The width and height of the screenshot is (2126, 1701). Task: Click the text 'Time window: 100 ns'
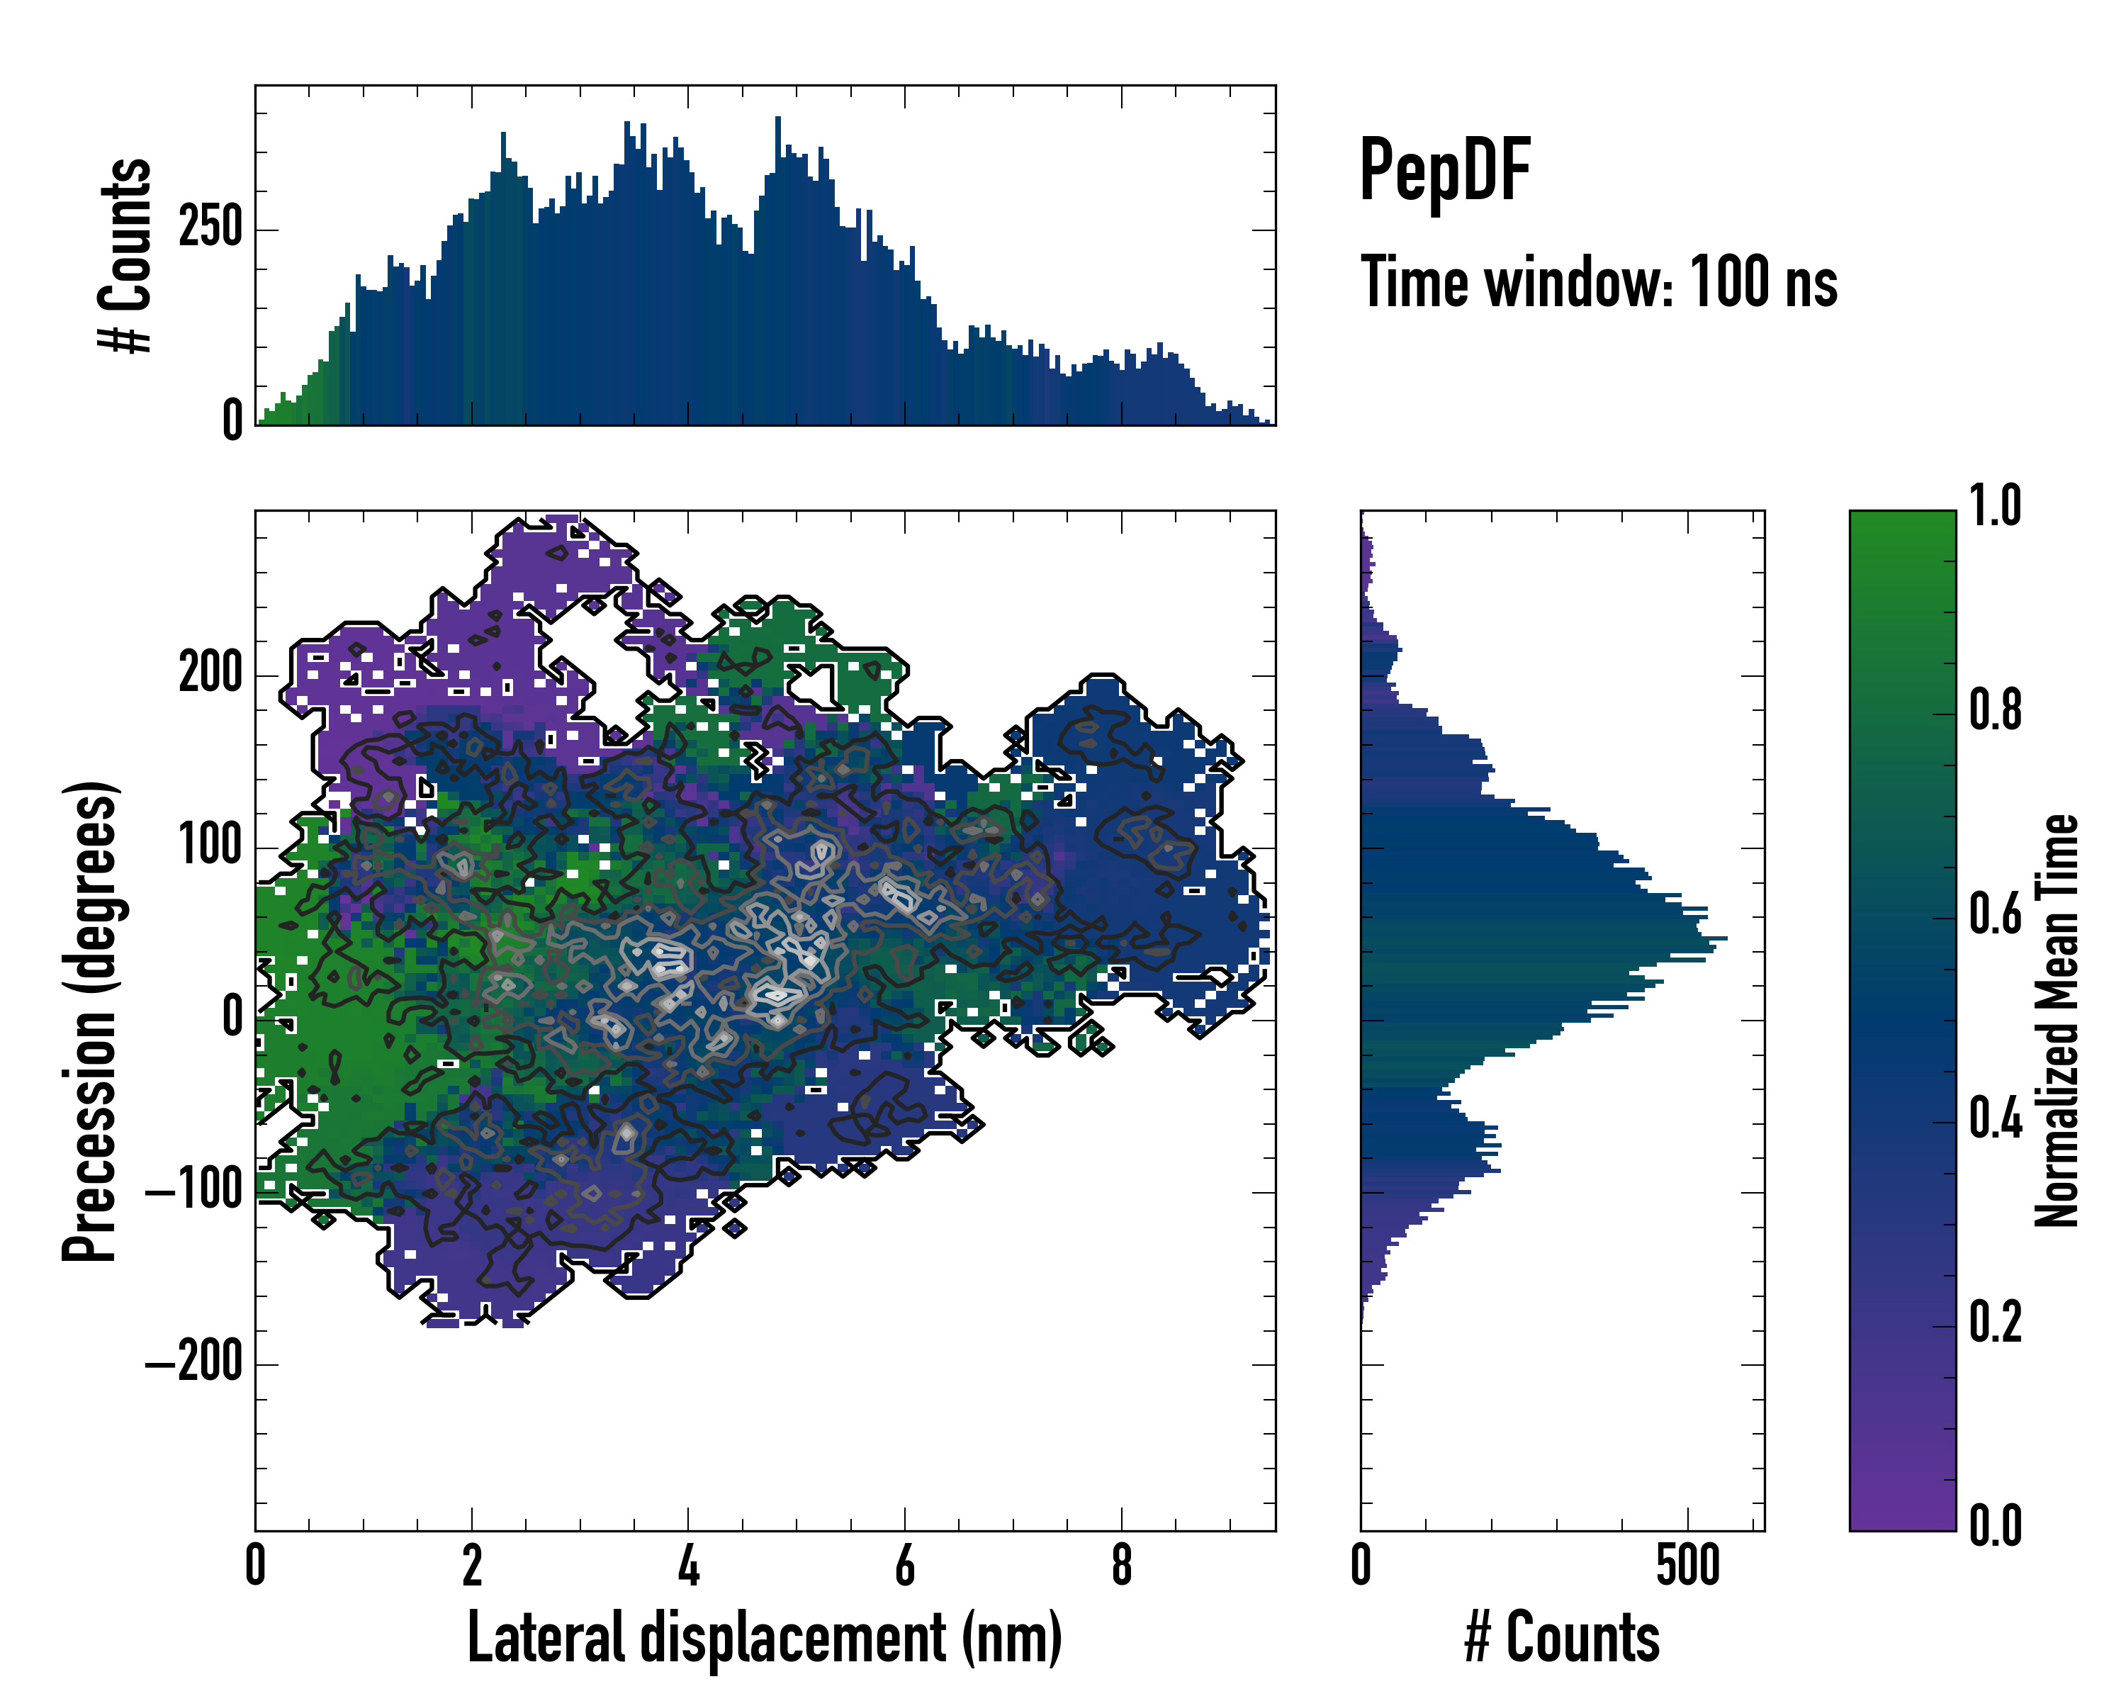(1599, 283)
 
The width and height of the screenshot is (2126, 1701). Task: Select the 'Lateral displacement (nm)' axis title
(764, 1638)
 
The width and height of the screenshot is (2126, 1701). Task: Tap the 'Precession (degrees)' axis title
(91, 1021)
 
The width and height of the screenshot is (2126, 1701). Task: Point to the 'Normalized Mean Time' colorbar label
(2057, 1021)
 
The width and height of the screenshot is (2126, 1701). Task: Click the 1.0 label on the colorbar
(1995, 507)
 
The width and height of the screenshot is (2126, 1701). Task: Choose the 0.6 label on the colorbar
(1995, 915)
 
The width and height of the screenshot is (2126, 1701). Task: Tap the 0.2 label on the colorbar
(1995, 1323)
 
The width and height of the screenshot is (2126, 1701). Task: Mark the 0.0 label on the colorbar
(1995, 1527)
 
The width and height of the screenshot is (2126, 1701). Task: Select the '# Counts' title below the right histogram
(1562, 1638)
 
